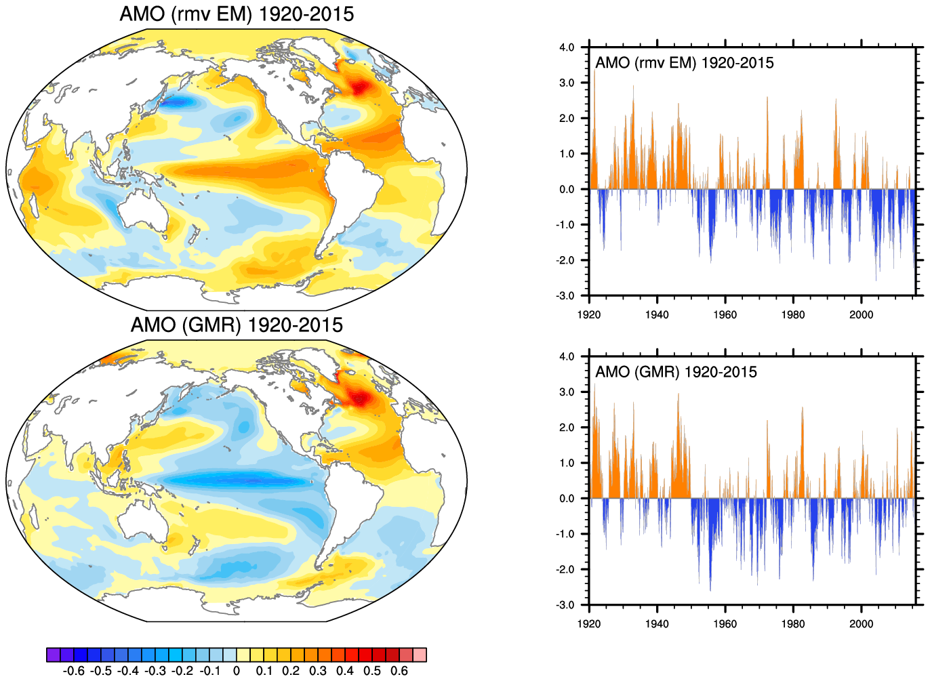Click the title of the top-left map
coord(237,14)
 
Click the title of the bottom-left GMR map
coord(237,325)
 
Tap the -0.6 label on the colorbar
coord(73,671)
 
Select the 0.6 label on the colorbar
coord(400,671)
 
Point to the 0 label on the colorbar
coord(237,671)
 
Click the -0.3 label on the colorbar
coord(155,671)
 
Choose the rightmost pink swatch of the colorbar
coord(420,655)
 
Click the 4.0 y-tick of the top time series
coord(567,47)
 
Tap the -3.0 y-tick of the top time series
coord(565,296)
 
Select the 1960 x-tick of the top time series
coord(725,314)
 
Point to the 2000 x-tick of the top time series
coord(861,314)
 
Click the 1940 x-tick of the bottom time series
coord(657,623)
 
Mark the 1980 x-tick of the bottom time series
coord(793,623)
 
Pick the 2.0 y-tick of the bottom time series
coord(567,428)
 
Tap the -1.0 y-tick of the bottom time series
coord(565,534)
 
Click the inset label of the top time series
coord(684,63)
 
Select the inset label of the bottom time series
coord(676,372)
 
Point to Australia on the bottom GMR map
coord(144,522)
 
